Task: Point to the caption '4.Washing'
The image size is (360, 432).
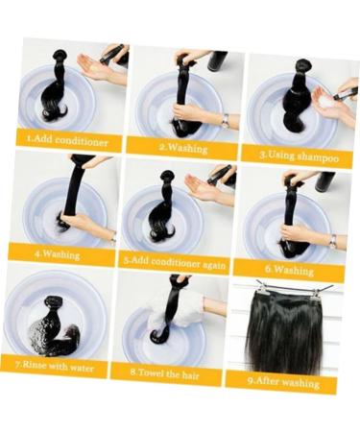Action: tap(58, 255)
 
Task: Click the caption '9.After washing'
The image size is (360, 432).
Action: tap(282, 378)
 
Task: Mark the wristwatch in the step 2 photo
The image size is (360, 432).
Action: tap(224, 119)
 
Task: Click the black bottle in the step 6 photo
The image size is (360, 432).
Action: tap(325, 180)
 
